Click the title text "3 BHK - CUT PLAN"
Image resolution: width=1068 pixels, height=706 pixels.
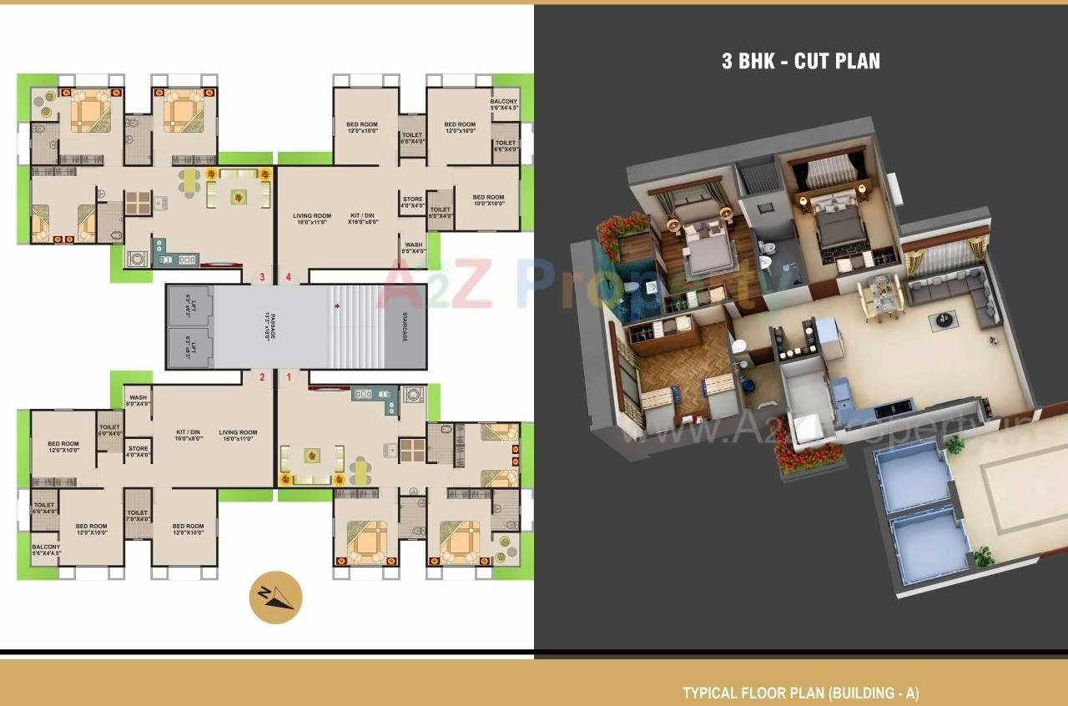click(x=800, y=61)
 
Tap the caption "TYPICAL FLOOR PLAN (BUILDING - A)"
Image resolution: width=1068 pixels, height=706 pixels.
click(x=800, y=693)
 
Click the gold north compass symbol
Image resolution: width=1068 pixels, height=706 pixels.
click(x=275, y=598)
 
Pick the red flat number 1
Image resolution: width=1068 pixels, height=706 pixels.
click(x=290, y=377)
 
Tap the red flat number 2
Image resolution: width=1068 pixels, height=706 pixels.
click(x=262, y=377)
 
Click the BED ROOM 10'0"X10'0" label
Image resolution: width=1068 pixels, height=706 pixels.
click(x=488, y=200)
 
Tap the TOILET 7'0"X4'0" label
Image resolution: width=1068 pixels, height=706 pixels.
click(x=138, y=516)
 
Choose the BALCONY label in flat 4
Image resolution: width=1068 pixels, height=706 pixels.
click(x=504, y=104)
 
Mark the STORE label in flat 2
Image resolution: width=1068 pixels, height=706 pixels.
click(x=139, y=451)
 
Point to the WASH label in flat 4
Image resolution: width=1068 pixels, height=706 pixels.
click(x=413, y=248)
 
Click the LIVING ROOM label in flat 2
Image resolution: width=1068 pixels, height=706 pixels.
click(x=238, y=436)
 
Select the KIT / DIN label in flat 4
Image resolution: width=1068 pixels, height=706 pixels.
click(x=363, y=219)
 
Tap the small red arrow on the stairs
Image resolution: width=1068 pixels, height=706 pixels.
click(x=336, y=306)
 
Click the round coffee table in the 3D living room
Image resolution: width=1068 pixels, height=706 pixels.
click(x=944, y=318)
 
